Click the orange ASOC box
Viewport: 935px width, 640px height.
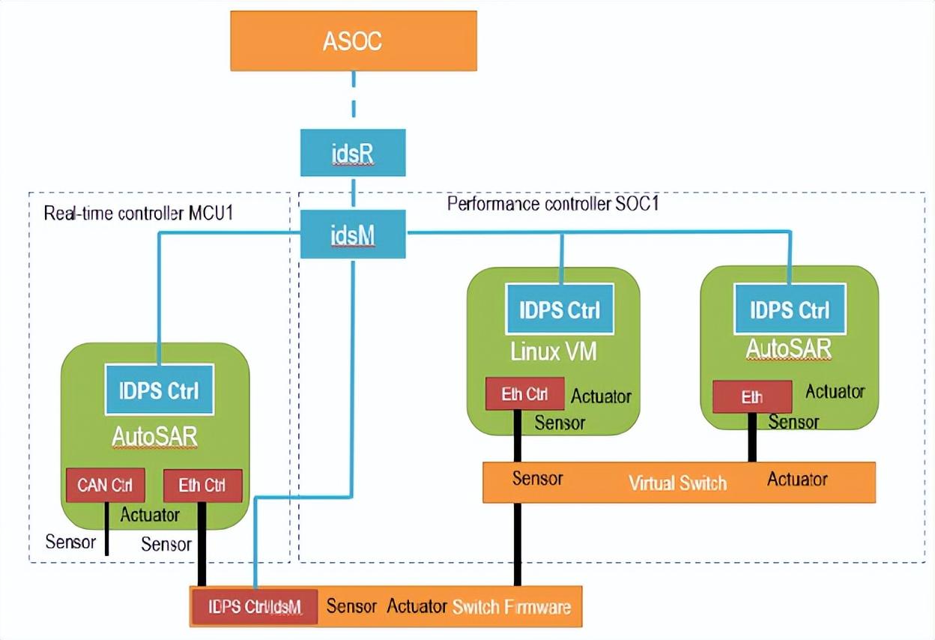[x=352, y=41]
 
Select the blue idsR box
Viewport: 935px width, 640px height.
[x=352, y=153]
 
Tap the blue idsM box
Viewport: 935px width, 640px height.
[x=352, y=235]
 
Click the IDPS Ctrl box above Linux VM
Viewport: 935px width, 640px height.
[x=560, y=309]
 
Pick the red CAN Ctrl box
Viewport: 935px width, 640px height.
[x=105, y=485]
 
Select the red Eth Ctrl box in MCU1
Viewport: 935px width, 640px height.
[x=202, y=485]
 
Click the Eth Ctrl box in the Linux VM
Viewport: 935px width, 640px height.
[x=524, y=394]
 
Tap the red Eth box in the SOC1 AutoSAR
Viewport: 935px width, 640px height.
[x=751, y=396]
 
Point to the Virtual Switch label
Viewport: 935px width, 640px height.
[x=677, y=483]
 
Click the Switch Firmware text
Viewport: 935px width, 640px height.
[x=511, y=606]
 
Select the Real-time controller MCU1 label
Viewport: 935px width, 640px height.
[x=139, y=214]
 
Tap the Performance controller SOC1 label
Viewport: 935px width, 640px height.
[x=552, y=204]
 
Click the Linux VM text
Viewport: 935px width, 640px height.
[x=554, y=351]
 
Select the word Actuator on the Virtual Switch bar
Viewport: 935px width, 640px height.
[x=796, y=479]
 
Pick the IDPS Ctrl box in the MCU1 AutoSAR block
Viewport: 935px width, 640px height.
[x=159, y=389]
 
